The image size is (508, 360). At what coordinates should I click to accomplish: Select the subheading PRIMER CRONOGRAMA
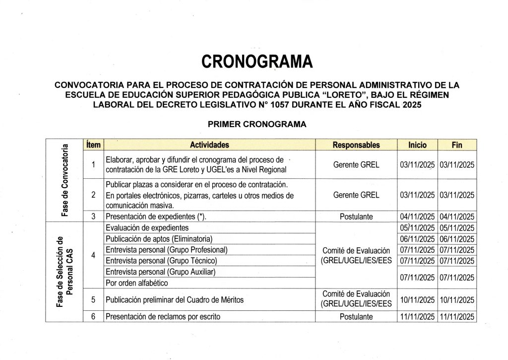[x=256, y=125]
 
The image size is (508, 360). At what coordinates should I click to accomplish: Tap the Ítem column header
[x=93, y=145]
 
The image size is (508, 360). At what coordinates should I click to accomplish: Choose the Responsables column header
[x=356, y=145]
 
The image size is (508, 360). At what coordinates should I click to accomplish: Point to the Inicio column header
[x=417, y=145]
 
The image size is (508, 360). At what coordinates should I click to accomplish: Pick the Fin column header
[x=457, y=145]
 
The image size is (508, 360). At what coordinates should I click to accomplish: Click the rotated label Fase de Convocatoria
[x=64, y=180]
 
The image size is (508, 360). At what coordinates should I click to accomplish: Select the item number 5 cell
[x=93, y=299]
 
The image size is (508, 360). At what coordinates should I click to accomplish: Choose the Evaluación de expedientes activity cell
[x=147, y=228]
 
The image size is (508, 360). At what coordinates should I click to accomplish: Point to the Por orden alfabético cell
[x=137, y=283]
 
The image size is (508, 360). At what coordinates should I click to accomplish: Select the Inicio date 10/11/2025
[x=418, y=300]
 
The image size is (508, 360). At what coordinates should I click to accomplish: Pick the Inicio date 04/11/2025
[x=418, y=216]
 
